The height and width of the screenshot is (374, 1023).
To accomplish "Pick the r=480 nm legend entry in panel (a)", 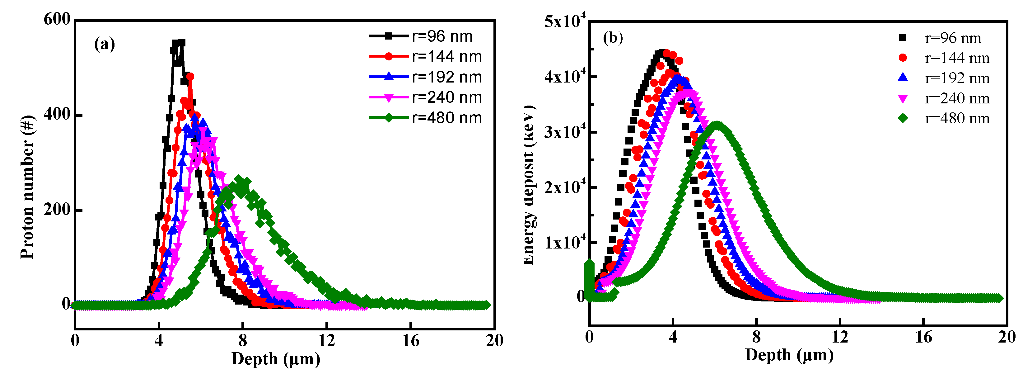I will point(425,118).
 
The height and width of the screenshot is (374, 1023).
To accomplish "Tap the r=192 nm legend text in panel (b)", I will point(957,78).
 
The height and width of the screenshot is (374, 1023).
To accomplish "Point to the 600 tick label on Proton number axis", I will point(57,19).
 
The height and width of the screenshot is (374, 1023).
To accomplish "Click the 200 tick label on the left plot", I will point(57,210).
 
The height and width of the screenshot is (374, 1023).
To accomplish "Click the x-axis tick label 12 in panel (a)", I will point(326,341).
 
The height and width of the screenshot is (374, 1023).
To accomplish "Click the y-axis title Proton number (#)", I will point(27,187).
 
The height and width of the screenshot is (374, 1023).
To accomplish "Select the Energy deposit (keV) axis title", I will point(529,185).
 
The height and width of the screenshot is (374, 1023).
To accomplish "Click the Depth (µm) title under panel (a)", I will point(276,359).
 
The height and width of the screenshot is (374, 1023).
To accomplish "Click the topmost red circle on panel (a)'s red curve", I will point(190,76).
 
